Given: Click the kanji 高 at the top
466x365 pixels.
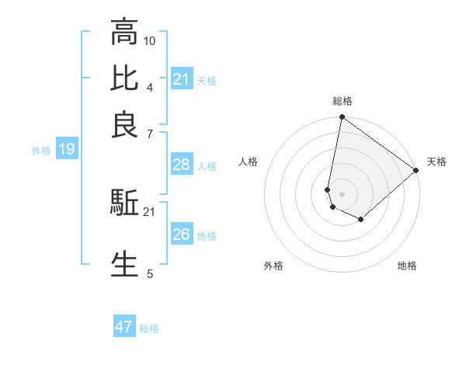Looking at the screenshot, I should pyautogui.click(x=124, y=33).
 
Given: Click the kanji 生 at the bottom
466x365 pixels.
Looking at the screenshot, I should pyautogui.click(x=124, y=263).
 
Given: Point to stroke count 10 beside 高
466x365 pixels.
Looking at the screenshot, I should pyautogui.click(x=150, y=40).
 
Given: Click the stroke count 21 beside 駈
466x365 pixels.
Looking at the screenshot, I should pyautogui.click(x=150, y=211).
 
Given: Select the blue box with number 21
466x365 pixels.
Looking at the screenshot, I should pyautogui.click(x=182, y=79).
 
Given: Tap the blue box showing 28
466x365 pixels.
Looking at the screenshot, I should pyautogui.click(x=182, y=165).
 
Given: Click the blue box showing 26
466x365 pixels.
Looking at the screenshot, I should pyautogui.click(x=182, y=235).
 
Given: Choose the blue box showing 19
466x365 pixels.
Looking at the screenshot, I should pyautogui.click(x=66, y=150).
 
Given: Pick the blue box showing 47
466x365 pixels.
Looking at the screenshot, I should pyautogui.click(x=124, y=327).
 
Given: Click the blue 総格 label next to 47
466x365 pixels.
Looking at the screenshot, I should pyautogui.click(x=150, y=328).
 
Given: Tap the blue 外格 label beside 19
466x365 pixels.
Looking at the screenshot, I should pyautogui.click(x=41, y=151).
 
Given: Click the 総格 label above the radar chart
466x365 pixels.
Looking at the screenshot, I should pyautogui.click(x=343, y=101).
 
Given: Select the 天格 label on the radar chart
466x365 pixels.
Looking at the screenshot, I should pyautogui.click(x=436, y=162).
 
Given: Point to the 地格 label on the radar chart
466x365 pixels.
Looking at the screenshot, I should pyautogui.click(x=407, y=266).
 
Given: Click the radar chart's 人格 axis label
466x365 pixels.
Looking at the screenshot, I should pyautogui.click(x=249, y=162).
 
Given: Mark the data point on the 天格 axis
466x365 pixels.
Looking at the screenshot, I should pyautogui.click(x=416, y=171).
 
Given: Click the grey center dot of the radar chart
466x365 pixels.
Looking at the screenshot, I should pyautogui.click(x=342, y=193).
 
